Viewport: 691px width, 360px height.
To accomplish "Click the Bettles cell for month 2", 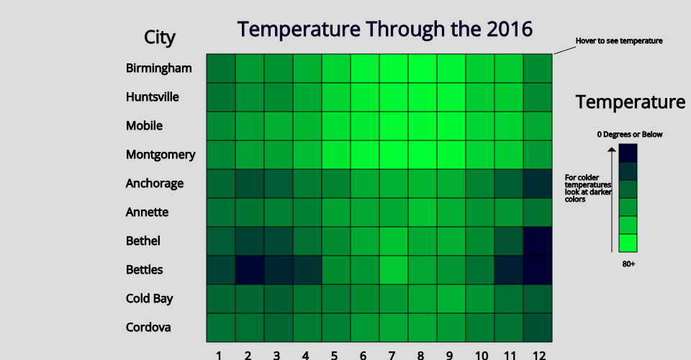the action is pyautogui.click(x=250, y=270).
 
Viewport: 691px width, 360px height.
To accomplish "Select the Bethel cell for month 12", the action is pyautogui.click(x=538, y=241).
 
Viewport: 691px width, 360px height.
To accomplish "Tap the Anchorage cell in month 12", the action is pyautogui.click(x=538, y=184).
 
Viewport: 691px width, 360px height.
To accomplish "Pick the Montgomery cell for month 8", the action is pyautogui.click(x=423, y=155).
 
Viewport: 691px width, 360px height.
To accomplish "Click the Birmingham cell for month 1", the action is pyautogui.click(x=221, y=68).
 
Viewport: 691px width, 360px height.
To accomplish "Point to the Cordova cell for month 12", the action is pyautogui.click(x=538, y=328).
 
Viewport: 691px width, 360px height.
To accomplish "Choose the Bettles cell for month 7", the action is pyautogui.click(x=394, y=270).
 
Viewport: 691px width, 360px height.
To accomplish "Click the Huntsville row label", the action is pyautogui.click(x=152, y=97).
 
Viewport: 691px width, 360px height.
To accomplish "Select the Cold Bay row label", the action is pyautogui.click(x=150, y=298).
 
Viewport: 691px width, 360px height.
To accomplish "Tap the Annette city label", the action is pyautogui.click(x=147, y=212).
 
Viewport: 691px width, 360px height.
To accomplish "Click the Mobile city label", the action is pyautogui.click(x=144, y=125).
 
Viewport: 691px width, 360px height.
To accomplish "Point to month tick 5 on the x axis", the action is pyautogui.click(x=335, y=355).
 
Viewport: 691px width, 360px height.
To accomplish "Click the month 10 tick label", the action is pyautogui.click(x=482, y=355).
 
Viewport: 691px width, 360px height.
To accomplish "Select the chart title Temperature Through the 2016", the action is pyautogui.click(x=384, y=30).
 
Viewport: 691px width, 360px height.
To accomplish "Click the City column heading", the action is pyautogui.click(x=160, y=37).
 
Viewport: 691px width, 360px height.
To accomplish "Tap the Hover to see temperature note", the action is pyautogui.click(x=619, y=40).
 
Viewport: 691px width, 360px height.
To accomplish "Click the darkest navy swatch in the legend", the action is pyautogui.click(x=628, y=153).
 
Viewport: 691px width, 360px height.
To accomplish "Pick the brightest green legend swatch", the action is pyautogui.click(x=628, y=243).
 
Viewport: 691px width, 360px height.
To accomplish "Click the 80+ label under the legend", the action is pyautogui.click(x=628, y=264).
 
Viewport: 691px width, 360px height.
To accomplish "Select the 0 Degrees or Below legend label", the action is pyautogui.click(x=630, y=135).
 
